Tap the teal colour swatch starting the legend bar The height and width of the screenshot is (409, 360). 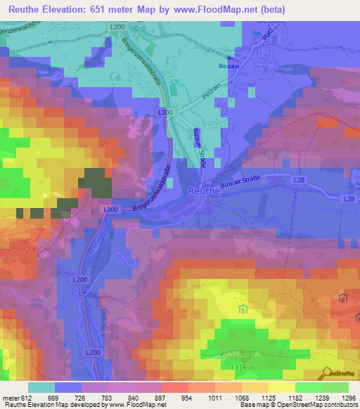(41, 387)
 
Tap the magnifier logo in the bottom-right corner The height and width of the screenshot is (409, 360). (326, 372)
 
